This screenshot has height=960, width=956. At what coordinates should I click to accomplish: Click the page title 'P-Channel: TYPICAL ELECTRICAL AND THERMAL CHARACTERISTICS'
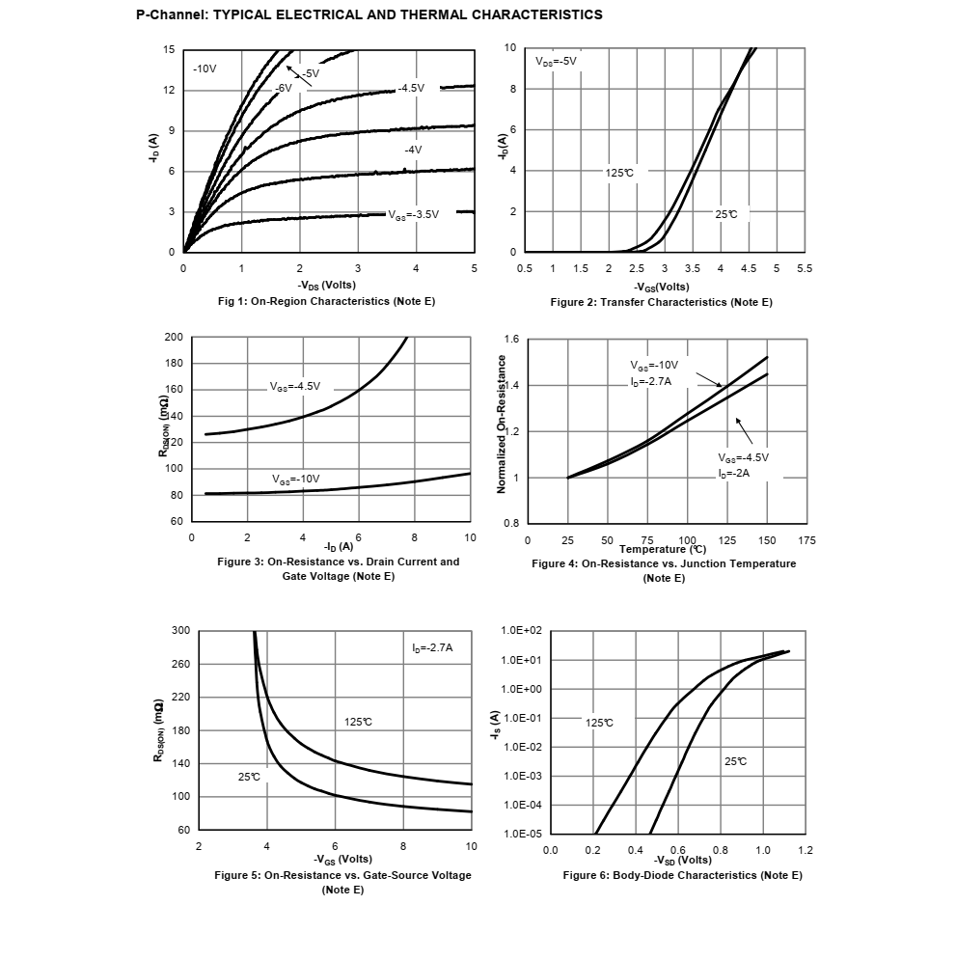[369, 14]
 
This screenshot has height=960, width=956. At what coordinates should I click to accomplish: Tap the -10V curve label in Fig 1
[205, 69]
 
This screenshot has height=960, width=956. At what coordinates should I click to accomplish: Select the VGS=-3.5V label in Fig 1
[414, 214]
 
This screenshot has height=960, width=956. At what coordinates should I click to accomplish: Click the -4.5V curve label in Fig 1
[411, 88]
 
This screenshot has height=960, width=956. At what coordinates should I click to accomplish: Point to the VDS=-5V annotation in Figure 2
[557, 61]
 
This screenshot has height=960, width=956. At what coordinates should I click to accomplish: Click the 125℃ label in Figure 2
[619, 173]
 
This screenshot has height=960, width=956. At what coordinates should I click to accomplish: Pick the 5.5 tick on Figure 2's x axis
[805, 267]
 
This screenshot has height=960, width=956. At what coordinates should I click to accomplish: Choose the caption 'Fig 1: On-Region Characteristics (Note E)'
[326, 301]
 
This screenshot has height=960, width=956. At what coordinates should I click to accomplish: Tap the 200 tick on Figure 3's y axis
[174, 338]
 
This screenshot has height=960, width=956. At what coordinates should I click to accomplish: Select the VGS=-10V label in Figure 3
[295, 479]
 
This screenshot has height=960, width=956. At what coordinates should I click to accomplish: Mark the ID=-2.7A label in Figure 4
[651, 382]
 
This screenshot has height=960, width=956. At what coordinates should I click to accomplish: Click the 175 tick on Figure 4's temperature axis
[806, 540]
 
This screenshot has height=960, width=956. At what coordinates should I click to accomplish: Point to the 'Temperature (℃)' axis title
[663, 550]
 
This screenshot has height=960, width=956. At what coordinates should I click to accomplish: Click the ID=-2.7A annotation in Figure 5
[431, 647]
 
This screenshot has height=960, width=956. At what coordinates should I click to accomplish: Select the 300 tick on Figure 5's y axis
[180, 631]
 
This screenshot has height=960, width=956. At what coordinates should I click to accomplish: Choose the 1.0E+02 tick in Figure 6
[522, 631]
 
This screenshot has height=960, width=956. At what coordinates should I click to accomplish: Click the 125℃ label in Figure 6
[599, 723]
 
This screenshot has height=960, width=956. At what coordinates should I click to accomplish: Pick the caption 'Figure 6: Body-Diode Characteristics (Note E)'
[682, 875]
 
